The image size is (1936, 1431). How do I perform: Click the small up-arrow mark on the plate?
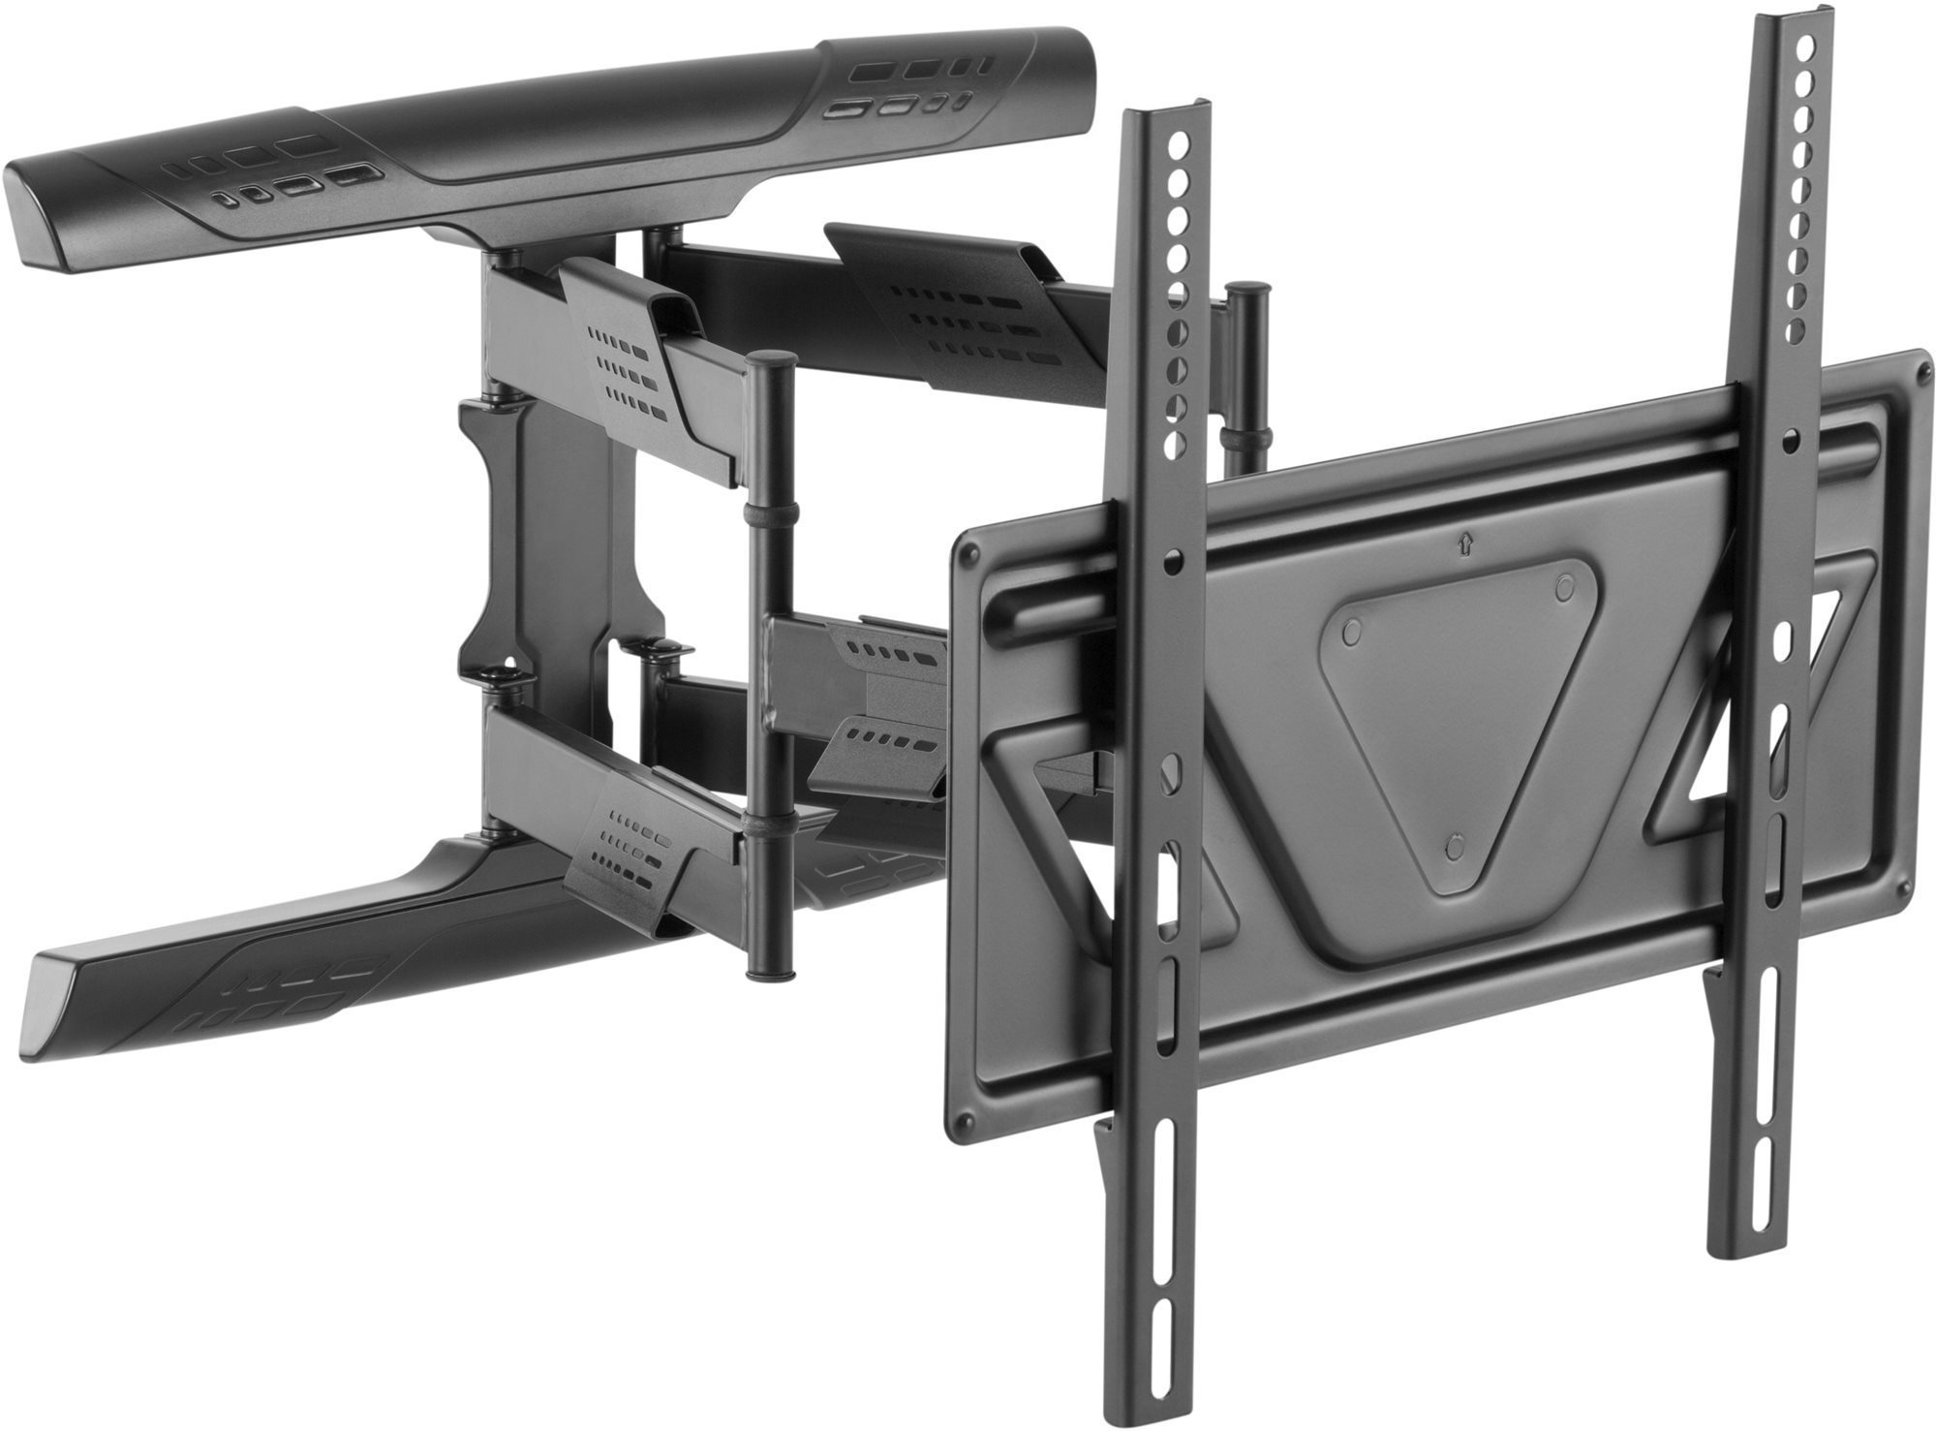coord(1462,544)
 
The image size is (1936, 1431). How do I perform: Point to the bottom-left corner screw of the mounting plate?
coord(960,1123)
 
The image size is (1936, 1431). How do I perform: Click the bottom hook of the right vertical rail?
coord(1714,998)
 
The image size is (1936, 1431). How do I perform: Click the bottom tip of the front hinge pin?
coord(770,972)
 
